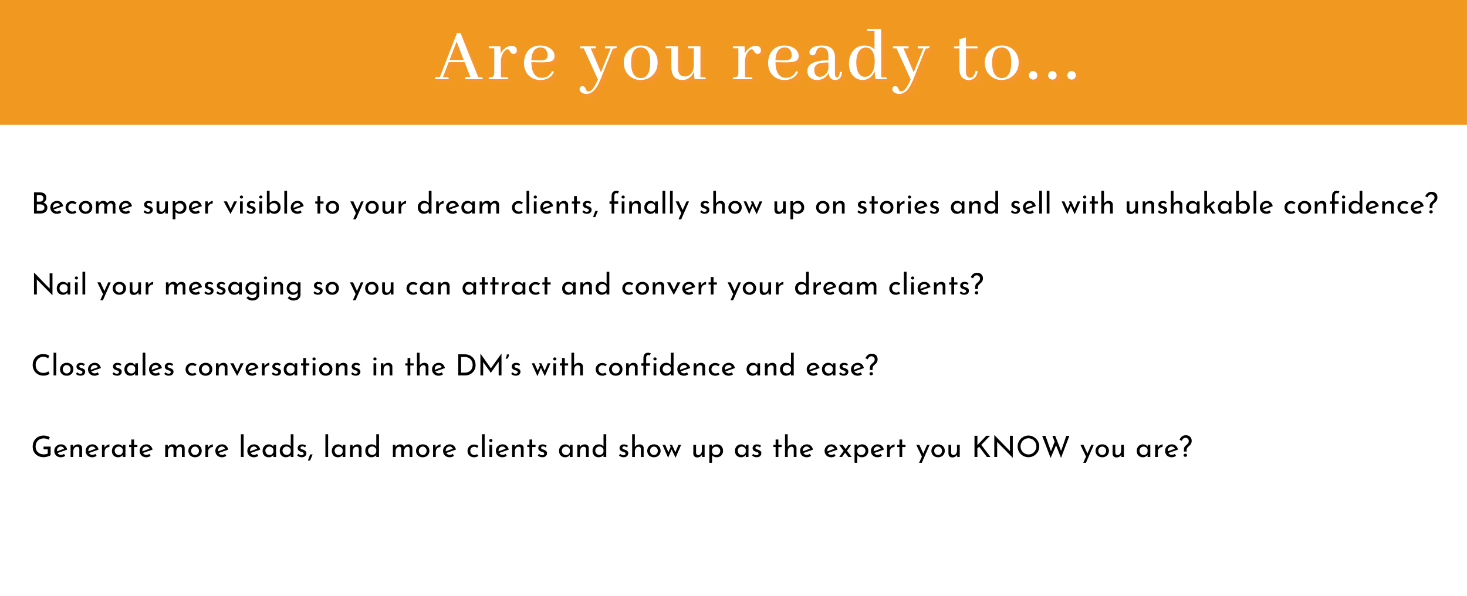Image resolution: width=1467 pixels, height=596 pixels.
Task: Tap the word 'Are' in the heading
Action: coord(496,57)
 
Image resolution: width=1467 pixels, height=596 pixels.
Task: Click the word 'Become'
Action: coord(83,205)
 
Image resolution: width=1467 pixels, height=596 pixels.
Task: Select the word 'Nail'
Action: coord(59,285)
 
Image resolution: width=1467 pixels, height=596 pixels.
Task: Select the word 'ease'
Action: coord(842,367)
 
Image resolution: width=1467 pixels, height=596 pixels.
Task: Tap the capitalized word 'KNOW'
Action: coord(1021,448)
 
